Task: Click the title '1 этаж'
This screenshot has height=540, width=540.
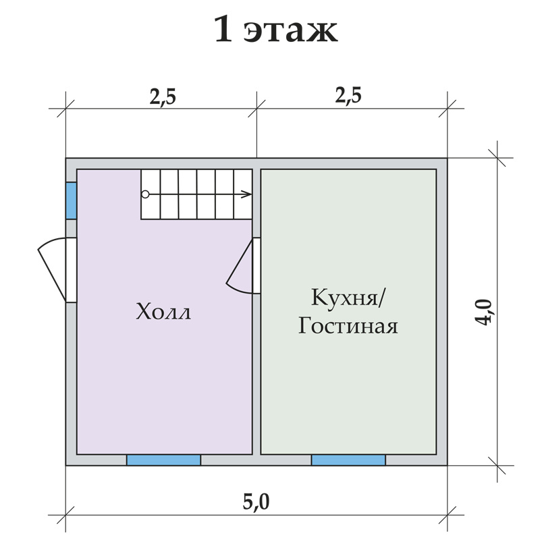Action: click(x=275, y=29)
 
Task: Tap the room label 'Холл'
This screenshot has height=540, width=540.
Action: click(x=163, y=312)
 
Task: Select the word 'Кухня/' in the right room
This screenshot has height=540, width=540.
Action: click(x=348, y=297)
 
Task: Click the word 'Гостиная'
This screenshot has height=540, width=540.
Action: click(x=348, y=325)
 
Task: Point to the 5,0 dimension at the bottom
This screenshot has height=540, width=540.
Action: click(x=256, y=502)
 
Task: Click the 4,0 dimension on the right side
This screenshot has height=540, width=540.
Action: click(x=484, y=312)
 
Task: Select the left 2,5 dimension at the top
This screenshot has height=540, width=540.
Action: click(x=163, y=96)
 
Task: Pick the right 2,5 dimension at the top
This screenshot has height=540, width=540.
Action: click(x=348, y=95)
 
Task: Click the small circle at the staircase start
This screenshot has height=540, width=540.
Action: click(x=145, y=194)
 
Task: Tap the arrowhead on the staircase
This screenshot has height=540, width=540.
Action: click(x=247, y=194)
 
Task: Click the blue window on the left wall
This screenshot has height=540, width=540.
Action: click(x=71, y=200)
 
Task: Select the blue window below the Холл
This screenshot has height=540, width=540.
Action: click(x=163, y=460)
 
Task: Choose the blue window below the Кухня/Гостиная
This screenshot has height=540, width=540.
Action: click(x=348, y=460)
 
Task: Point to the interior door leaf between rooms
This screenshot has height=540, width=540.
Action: click(x=240, y=261)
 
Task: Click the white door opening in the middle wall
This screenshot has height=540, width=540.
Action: click(x=256, y=265)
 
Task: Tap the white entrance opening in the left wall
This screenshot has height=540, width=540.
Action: click(x=71, y=270)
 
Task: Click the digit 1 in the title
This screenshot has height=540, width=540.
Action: click(x=223, y=30)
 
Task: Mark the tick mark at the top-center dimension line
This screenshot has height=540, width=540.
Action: click(x=256, y=109)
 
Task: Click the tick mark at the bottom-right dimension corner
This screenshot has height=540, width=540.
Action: click(x=448, y=515)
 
